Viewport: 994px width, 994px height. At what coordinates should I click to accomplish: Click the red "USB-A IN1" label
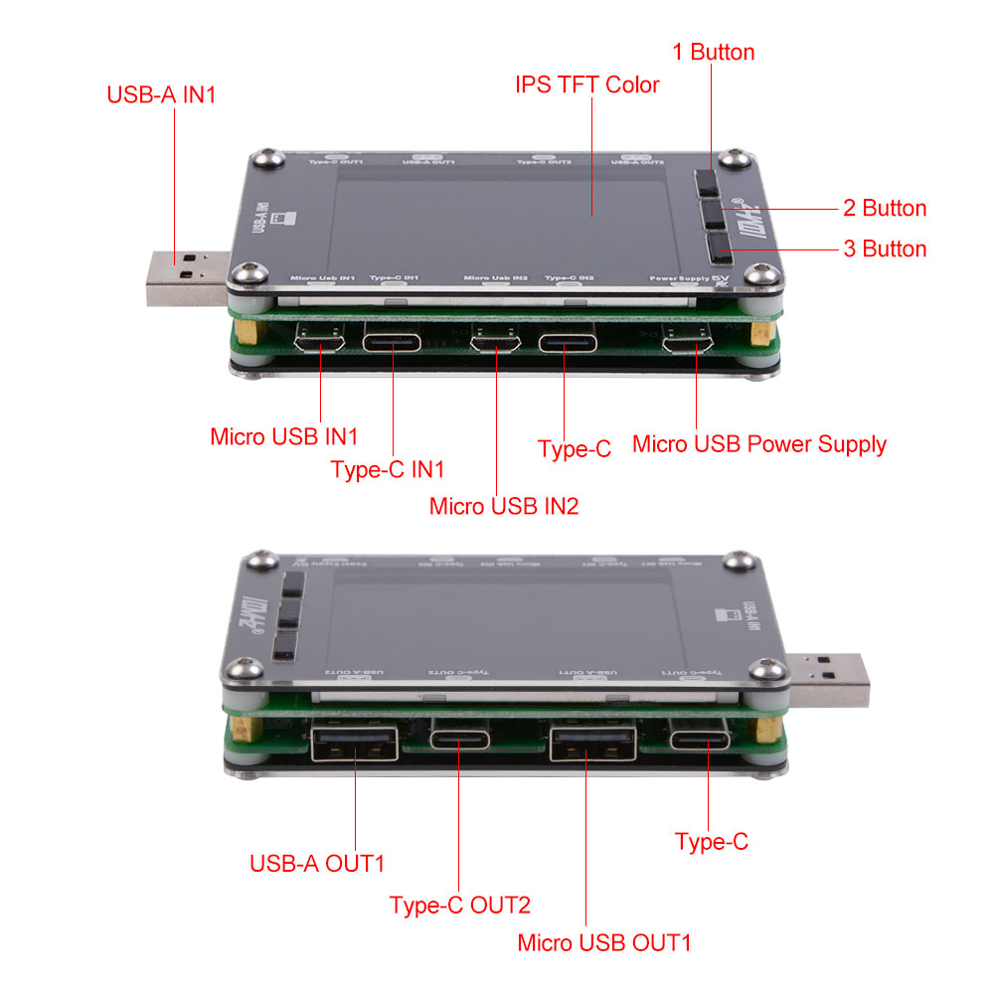pos(161,95)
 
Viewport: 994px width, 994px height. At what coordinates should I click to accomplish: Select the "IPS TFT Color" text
pos(586,84)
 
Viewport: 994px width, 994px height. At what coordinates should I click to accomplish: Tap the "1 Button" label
pos(714,52)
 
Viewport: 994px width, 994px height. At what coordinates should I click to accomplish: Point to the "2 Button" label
pos(884,208)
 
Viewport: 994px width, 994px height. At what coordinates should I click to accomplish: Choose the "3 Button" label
pos(884,248)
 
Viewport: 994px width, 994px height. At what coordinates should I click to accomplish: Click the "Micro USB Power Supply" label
pos(759,443)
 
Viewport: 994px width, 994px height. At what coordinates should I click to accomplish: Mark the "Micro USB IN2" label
pos(503,505)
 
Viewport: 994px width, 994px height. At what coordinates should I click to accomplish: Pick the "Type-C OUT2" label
pos(459,905)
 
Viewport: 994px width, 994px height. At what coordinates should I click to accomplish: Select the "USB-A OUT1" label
pos(317,863)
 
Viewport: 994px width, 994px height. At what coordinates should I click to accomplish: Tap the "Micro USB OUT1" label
pos(603,942)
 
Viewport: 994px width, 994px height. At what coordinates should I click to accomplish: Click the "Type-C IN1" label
pos(387,469)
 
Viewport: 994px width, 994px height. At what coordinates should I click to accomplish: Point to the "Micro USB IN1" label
pos(283,436)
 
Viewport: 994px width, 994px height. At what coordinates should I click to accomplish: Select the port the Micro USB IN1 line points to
pos(320,342)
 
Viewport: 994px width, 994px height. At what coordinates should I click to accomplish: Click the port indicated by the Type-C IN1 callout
pos(391,343)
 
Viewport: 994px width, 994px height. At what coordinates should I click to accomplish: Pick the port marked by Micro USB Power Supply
pos(688,343)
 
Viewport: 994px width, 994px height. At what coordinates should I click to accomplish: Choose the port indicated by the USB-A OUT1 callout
pos(355,745)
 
